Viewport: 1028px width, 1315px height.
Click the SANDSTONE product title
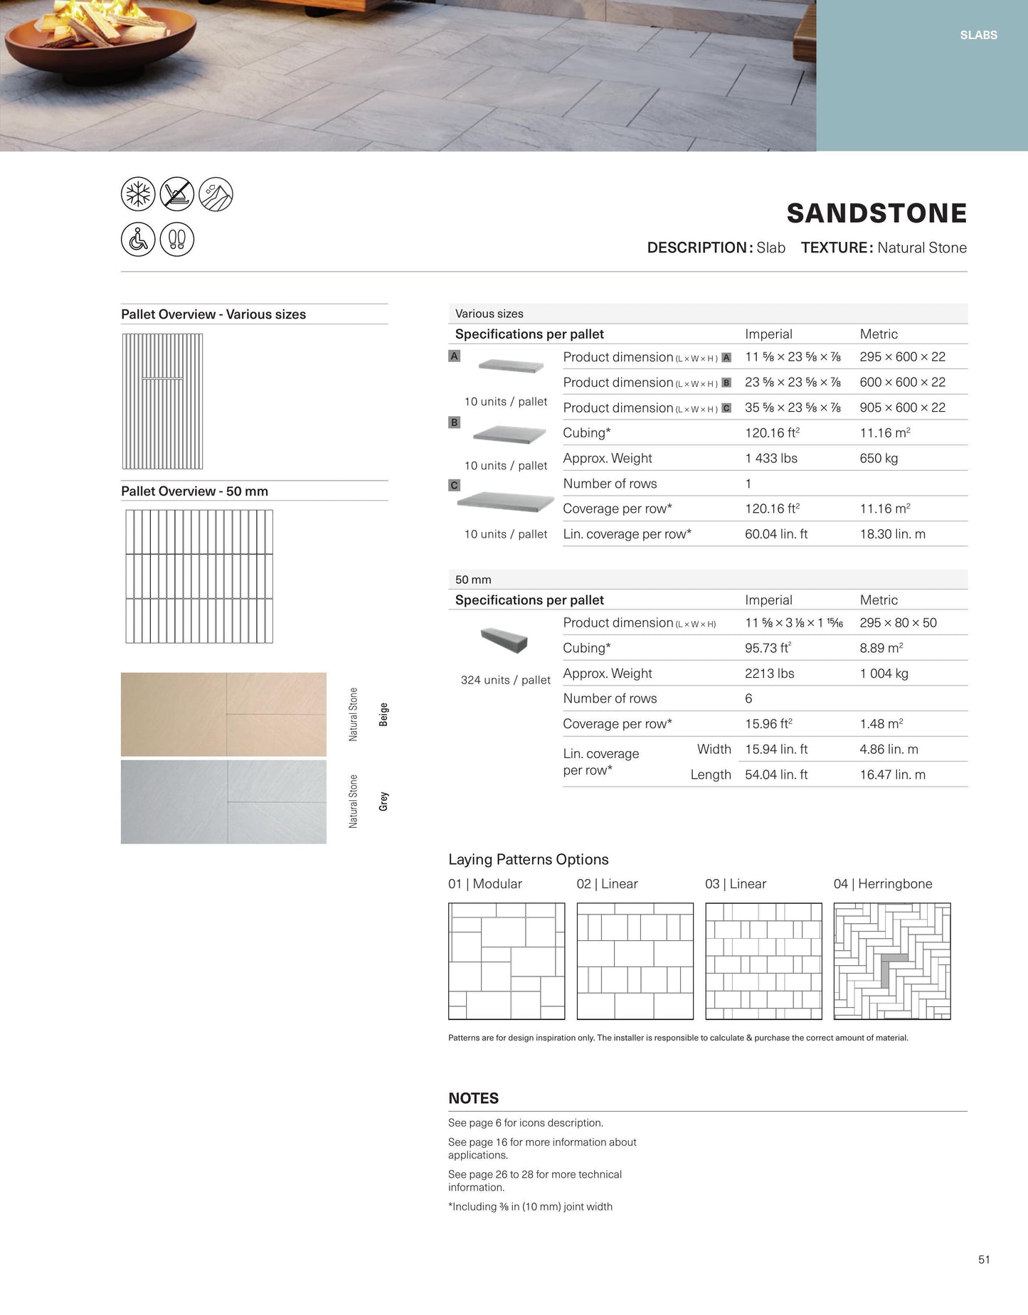pos(876,213)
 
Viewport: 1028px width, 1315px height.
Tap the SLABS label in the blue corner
pos(978,35)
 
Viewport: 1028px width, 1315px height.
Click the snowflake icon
pos(138,194)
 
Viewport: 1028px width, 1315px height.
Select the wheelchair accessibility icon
pos(138,240)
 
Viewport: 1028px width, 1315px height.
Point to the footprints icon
pos(177,240)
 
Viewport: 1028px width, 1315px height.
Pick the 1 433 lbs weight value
pos(771,458)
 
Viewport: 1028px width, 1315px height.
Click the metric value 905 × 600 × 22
pos(902,408)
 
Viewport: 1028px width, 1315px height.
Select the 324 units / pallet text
pos(505,680)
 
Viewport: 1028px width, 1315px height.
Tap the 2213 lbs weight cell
pos(769,674)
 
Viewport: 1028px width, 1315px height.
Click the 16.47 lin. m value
pos(892,774)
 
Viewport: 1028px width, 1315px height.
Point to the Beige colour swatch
pos(223,714)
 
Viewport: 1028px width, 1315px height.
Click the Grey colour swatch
pos(223,802)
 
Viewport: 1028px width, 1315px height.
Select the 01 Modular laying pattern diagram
pos(507,961)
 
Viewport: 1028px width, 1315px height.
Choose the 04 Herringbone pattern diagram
pos(892,961)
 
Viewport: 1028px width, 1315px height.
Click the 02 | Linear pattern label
pos(607,884)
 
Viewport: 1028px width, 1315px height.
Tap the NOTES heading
pos(473,1098)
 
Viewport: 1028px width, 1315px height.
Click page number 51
pos(984,1260)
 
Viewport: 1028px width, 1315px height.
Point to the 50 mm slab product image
pos(504,639)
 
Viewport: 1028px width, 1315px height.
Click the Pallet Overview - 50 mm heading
pos(194,491)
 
